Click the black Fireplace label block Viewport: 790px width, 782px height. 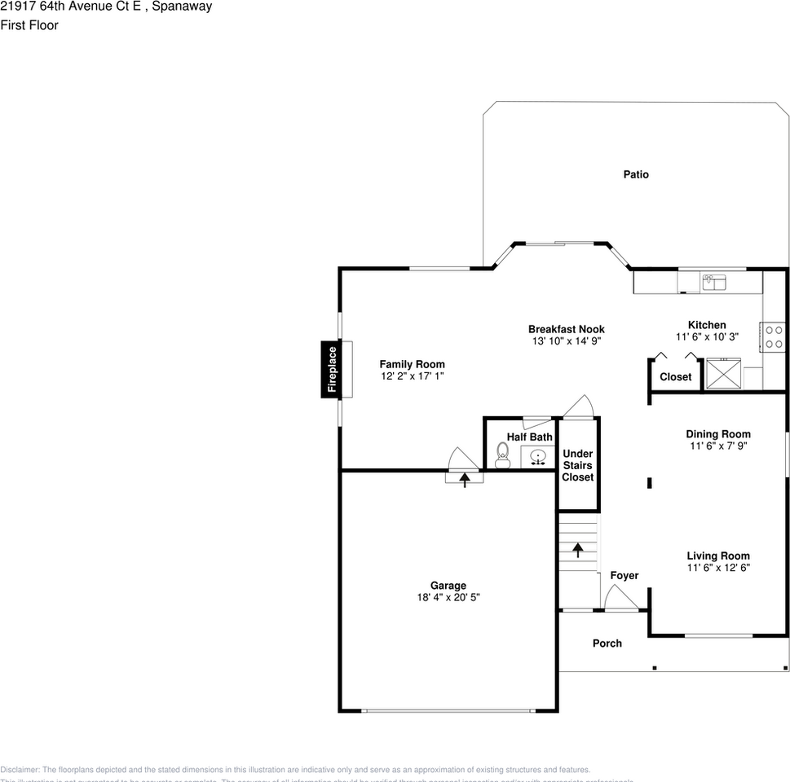click(331, 370)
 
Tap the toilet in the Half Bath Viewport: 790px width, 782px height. click(502, 457)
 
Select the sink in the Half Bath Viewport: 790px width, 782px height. click(537, 457)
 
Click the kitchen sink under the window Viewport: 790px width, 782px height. click(714, 282)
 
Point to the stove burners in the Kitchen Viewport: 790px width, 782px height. click(774, 337)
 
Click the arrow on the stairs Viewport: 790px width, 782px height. click(578, 550)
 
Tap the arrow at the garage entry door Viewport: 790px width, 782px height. click(465, 479)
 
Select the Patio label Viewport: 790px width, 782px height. click(636, 174)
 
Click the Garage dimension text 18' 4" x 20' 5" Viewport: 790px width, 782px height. click(448, 597)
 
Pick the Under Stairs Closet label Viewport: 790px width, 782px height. click(577, 465)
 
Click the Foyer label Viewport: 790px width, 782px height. click(624, 576)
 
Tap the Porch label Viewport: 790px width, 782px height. click(607, 644)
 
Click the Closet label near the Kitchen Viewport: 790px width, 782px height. click(675, 377)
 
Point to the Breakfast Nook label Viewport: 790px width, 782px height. click(566, 329)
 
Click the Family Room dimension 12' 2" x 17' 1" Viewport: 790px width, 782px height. click(412, 376)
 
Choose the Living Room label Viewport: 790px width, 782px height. click(717, 556)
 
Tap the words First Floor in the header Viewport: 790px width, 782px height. click(29, 25)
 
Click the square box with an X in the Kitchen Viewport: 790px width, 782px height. click(723, 374)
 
